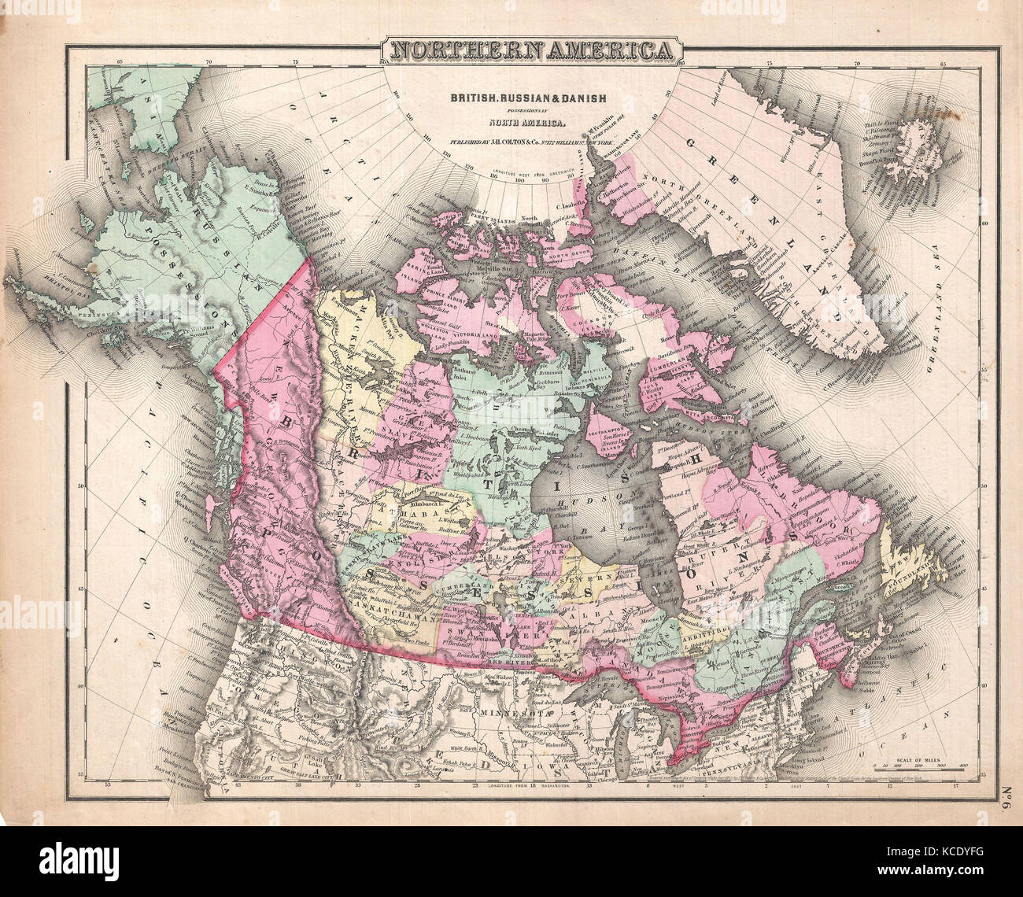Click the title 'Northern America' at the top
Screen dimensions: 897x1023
pos(532,51)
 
